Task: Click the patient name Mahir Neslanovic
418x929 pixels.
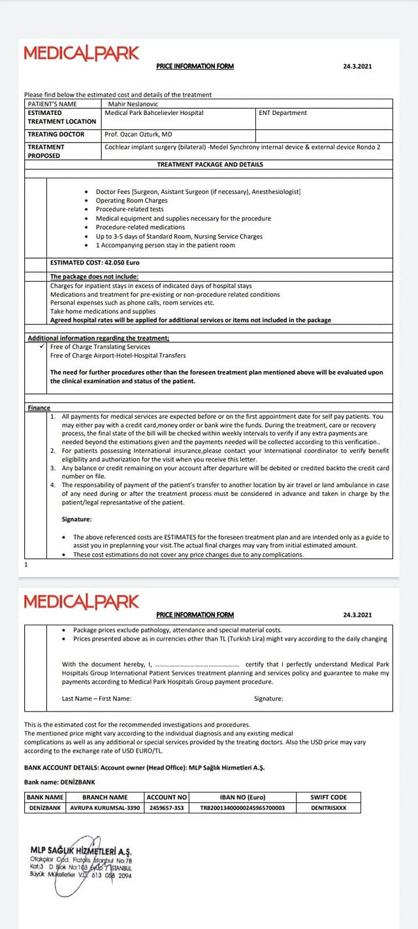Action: coord(131,103)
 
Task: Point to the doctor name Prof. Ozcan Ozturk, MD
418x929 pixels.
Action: coord(138,134)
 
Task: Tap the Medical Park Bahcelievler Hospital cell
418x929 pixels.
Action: coord(154,112)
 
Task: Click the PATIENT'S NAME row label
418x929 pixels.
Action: coord(52,103)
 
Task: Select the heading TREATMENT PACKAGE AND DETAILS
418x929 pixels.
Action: coord(210,164)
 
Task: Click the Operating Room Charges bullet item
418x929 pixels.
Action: coord(131,201)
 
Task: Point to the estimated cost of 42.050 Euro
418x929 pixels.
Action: coord(95,263)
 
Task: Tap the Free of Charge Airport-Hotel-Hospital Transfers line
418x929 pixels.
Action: coord(118,355)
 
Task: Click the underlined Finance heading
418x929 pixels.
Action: coord(39,408)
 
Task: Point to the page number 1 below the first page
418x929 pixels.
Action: coord(25,563)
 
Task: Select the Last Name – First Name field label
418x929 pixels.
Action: coord(97,698)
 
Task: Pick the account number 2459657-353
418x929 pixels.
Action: coord(167,807)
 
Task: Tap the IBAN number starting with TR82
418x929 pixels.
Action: coord(242,807)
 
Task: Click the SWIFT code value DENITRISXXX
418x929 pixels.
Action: coord(329,807)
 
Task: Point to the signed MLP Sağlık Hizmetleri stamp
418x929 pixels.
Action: coord(81,861)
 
